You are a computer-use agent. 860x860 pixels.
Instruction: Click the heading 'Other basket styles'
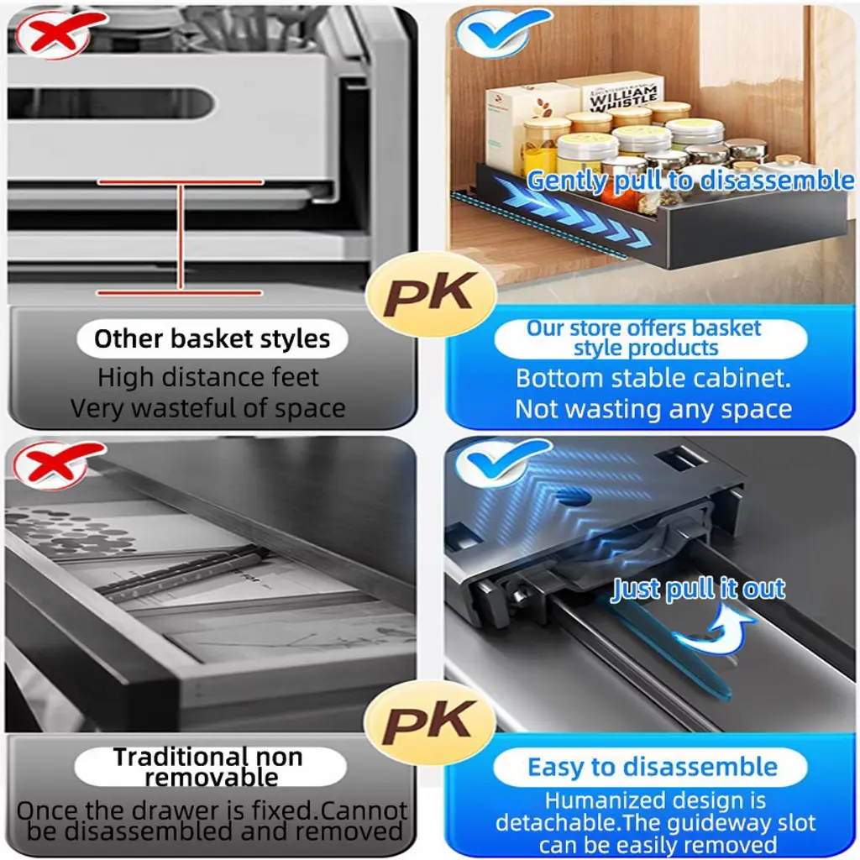pyautogui.click(x=212, y=339)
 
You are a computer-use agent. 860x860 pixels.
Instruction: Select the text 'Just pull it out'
pyautogui.click(x=698, y=589)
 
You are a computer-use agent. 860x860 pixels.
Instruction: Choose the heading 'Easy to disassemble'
pyautogui.click(x=652, y=767)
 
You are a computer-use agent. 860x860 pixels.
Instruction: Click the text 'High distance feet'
pyautogui.click(x=208, y=377)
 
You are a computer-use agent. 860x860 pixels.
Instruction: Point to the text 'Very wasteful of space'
pyautogui.click(x=208, y=409)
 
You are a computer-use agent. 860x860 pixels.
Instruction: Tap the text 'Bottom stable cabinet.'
pyautogui.click(x=653, y=379)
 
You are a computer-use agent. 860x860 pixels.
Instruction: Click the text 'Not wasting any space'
pyautogui.click(x=653, y=409)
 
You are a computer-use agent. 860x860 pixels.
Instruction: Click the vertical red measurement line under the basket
pyautogui.click(x=180, y=237)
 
